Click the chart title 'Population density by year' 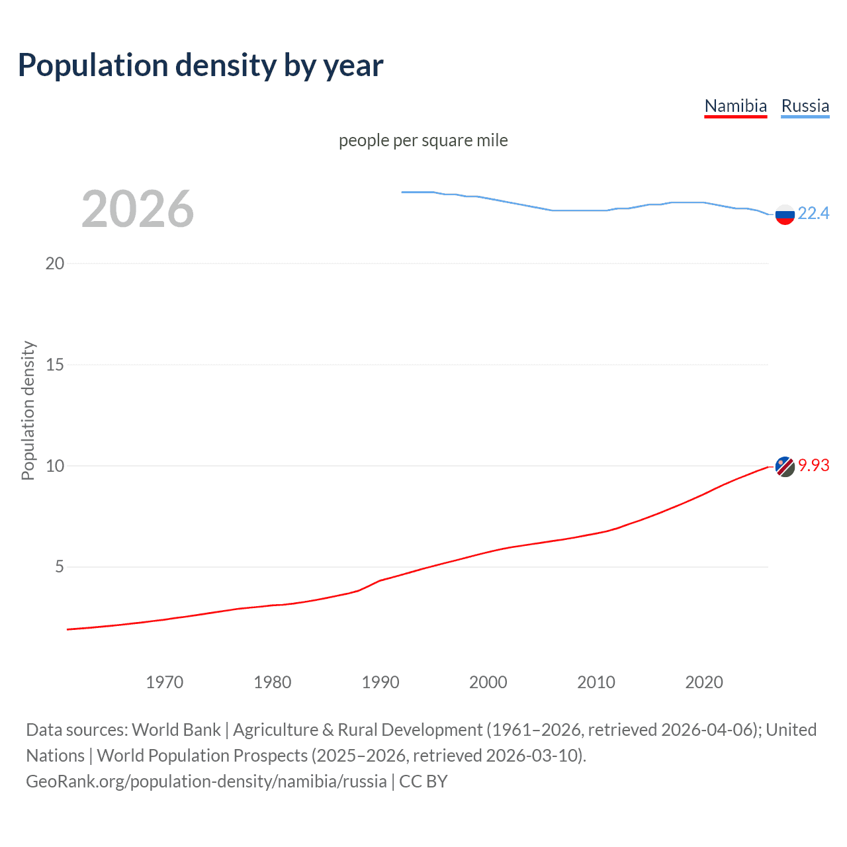point(201,66)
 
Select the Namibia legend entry point(735,106)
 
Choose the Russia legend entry point(805,106)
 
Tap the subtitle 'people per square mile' point(423,141)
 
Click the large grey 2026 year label point(138,209)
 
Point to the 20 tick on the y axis point(55,263)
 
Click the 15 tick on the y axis point(55,365)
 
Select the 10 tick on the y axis point(55,466)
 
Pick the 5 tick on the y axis point(60,567)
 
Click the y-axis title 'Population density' point(28,410)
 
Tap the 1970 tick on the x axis point(165,682)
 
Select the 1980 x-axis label point(273,682)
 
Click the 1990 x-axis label point(380,682)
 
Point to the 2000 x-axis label point(488,682)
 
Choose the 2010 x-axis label point(596,682)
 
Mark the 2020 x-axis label point(704,682)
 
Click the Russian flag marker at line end point(785,214)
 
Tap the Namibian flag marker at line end point(785,467)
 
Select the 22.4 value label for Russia point(813,213)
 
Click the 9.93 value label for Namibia point(813,465)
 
